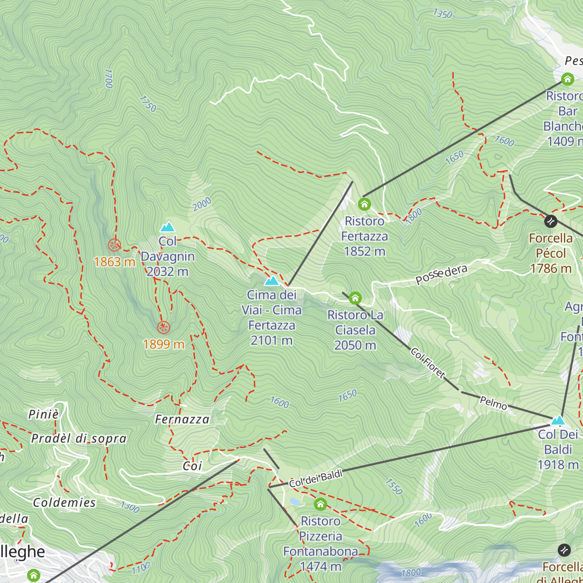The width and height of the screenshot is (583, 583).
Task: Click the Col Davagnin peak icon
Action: tap(168, 227)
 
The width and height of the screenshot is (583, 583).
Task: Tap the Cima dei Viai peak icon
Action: tap(271, 281)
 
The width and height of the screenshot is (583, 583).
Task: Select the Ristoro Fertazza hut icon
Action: tap(364, 204)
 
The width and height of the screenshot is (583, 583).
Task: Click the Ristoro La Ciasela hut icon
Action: tap(355, 298)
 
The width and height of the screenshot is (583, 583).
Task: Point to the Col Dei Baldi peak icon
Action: tap(558, 420)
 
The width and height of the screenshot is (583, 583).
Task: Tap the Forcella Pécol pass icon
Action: tap(550, 221)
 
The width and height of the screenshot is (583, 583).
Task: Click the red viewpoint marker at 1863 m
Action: tap(114, 245)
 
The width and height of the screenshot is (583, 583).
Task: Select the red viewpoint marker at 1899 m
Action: tap(164, 327)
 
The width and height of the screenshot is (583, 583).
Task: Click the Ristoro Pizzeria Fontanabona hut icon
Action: tap(320, 504)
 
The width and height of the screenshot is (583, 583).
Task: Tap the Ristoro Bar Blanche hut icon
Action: tap(567, 79)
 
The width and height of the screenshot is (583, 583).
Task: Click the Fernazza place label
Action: tap(182, 419)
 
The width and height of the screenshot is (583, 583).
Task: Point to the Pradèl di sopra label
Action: tap(79, 439)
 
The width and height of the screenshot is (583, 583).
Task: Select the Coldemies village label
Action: tap(65, 502)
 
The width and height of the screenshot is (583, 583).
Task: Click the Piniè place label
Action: tap(44, 414)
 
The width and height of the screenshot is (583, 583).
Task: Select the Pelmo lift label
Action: tap(493, 403)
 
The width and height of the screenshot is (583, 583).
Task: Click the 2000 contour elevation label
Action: tap(202, 204)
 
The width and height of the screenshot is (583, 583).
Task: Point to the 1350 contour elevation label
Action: tap(443, 14)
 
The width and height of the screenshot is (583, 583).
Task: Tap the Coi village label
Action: tap(192, 466)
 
